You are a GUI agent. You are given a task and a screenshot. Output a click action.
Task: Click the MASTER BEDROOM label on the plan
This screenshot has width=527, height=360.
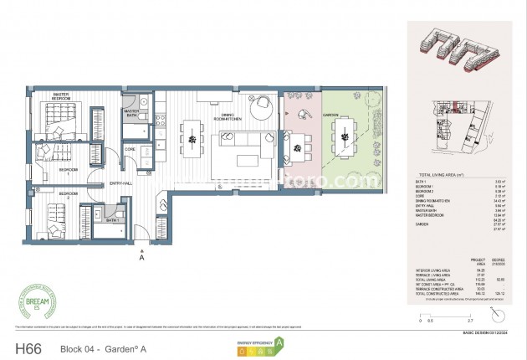[x=60, y=95]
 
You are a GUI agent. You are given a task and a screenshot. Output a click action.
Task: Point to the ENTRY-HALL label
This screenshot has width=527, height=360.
[x=115, y=184]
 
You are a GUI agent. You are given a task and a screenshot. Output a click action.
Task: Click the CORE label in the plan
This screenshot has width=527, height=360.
[x=130, y=150]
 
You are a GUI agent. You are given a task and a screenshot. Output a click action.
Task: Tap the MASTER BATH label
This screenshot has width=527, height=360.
[x=131, y=111]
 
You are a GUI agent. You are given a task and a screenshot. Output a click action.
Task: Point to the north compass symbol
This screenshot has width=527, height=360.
[x=499, y=312]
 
